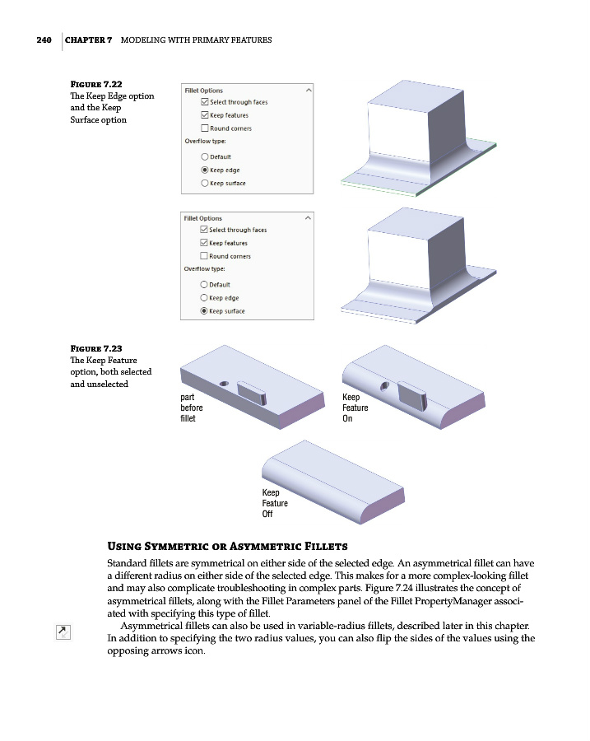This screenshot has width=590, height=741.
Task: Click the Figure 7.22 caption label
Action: click(96, 85)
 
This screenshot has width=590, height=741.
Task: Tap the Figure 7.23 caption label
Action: click(96, 349)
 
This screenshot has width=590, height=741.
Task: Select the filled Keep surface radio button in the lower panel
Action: click(203, 311)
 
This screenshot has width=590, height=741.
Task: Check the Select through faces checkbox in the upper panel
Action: click(205, 102)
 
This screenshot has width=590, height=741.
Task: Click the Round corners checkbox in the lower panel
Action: click(205, 256)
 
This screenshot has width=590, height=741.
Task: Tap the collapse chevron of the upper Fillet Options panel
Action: click(308, 90)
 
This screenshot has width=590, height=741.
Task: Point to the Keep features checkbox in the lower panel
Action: click(205, 243)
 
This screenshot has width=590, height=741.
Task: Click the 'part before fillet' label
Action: click(191, 408)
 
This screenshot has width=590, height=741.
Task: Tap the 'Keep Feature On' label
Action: click(355, 408)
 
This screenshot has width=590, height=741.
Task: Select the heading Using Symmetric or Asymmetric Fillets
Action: click(227, 547)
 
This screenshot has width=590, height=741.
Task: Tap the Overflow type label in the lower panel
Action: click(205, 269)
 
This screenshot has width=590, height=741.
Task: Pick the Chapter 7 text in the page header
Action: click(89, 40)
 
